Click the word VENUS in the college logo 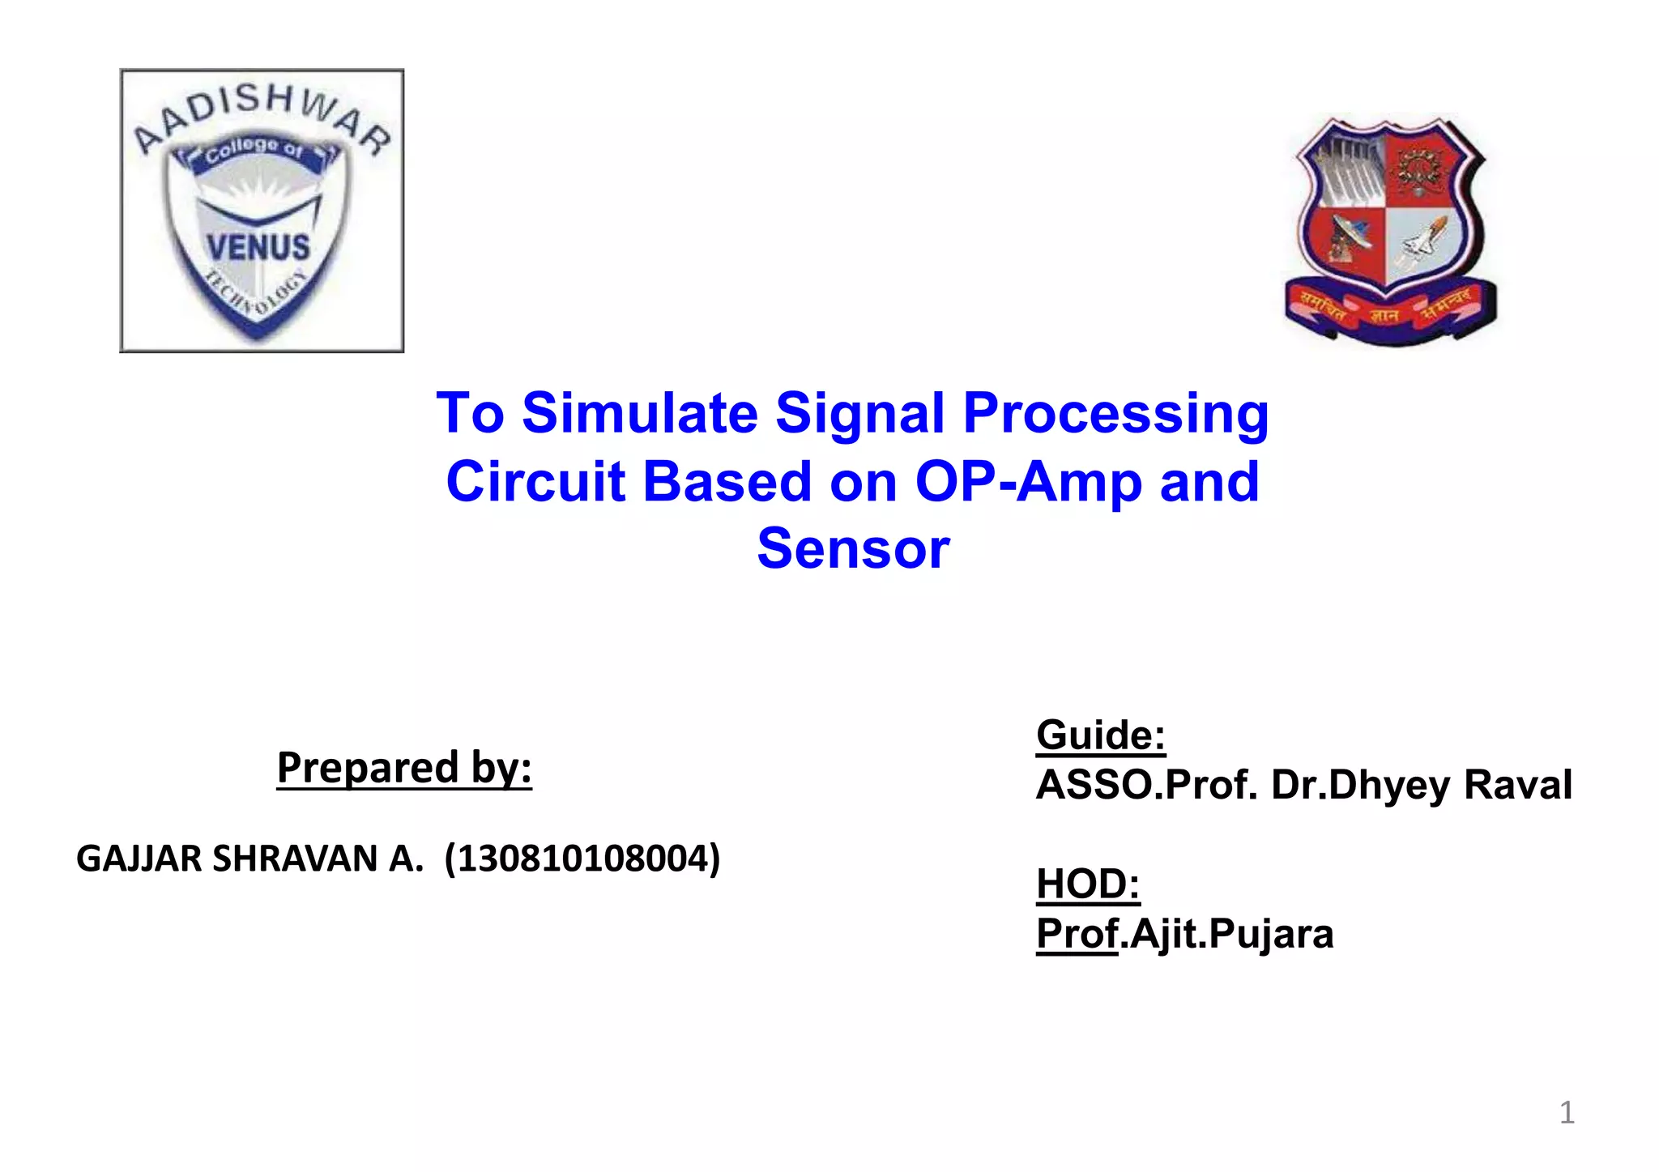point(258,247)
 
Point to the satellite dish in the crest point(1347,238)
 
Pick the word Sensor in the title point(852,549)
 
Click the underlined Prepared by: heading point(404,767)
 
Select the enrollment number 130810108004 point(582,859)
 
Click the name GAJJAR point(139,859)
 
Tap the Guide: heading point(1100,735)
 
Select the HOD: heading point(1088,884)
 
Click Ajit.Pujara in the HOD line point(1230,934)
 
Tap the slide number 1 point(1567,1112)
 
